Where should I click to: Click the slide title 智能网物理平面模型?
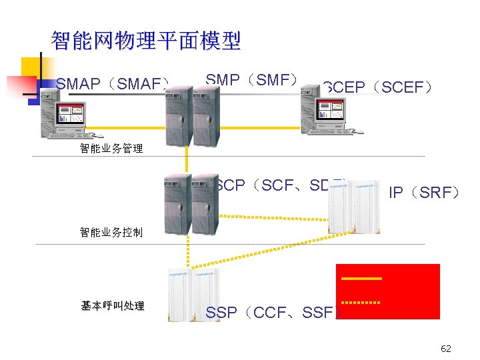[x=145, y=41]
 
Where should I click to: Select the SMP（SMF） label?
[x=251, y=80]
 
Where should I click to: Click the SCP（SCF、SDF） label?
[x=280, y=185]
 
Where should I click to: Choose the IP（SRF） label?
[x=425, y=193]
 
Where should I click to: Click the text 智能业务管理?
[x=111, y=149]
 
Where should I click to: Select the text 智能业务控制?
[x=111, y=233]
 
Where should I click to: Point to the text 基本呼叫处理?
[x=113, y=306]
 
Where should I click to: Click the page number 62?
[x=446, y=349]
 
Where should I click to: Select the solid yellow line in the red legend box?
[x=361, y=277]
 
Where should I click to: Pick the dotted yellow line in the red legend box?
[x=361, y=303]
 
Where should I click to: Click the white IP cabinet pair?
[x=353, y=207]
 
